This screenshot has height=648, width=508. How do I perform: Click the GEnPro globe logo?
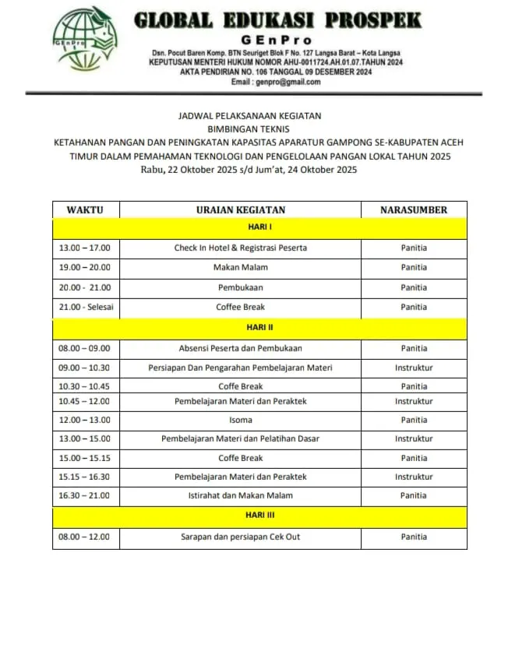pyautogui.click(x=83, y=40)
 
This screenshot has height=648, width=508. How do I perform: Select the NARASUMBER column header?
pyautogui.click(x=414, y=210)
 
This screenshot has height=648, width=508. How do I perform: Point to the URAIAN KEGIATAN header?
pyautogui.click(x=240, y=210)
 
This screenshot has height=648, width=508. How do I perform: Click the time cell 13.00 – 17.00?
pyautogui.click(x=84, y=248)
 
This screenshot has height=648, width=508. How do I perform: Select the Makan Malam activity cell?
pyautogui.click(x=240, y=267)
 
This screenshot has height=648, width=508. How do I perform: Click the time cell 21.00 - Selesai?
pyautogui.click(x=86, y=307)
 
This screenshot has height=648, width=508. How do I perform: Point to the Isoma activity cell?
pyautogui.click(x=240, y=420)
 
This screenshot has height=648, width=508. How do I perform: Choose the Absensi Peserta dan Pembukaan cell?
pyautogui.click(x=240, y=348)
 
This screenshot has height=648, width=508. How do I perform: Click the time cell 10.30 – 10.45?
pyautogui.click(x=84, y=386)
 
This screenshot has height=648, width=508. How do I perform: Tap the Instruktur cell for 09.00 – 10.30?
pyautogui.click(x=414, y=368)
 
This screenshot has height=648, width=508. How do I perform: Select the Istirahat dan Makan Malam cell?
pyautogui.click(x=240, y=495)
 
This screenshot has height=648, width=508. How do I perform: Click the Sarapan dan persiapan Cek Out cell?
pyautogui.click(x=240, y=537)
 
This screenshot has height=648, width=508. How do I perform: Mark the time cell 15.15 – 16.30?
pyautogui.click(x=84, y=477)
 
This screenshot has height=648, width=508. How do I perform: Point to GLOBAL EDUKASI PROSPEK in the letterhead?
pyautogui.click(x=277, y=20)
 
